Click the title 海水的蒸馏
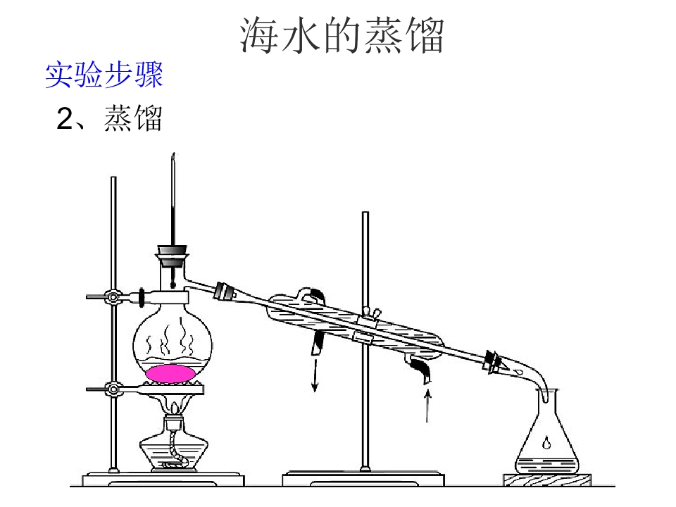(x=342, y=35)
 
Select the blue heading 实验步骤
(x=104, y=75)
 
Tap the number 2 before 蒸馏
(x=65, y=118)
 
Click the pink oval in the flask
(x=170, y=373)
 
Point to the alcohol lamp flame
(x=174, y=408)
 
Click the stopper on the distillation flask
(x=173, y=256)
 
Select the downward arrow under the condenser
(x=315, y=375)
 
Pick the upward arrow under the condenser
(x=427, y=406)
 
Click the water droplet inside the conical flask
(x=546, y=442)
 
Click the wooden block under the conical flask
(x=547, y=480)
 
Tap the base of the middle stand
(x=363, y=479)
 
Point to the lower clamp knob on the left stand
(x=113, y=389)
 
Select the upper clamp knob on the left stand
(x=113, y=297)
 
